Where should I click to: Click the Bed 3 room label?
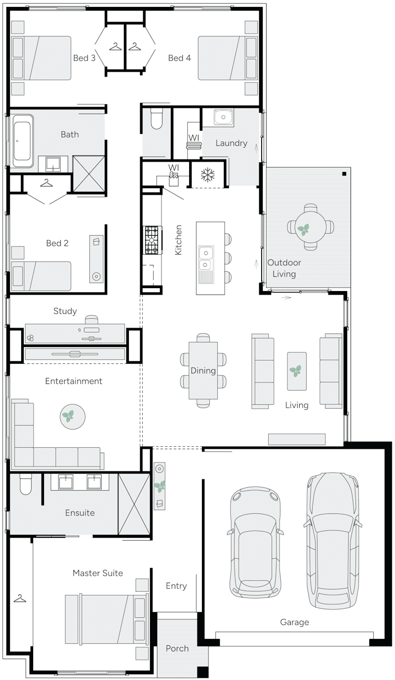(84, 58)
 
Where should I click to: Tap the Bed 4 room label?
(179, 58)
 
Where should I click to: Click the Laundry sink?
(224, 118)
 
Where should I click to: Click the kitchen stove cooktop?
(152, 240)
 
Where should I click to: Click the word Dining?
(203, 371)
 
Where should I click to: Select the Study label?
(65, 311)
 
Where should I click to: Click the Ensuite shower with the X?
(134, 504)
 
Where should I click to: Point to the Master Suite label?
(98, 573)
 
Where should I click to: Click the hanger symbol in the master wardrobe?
(20, 598)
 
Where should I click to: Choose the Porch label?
(177, 648)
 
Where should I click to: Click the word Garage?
(294, 622)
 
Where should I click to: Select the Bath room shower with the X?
(89, 173)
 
